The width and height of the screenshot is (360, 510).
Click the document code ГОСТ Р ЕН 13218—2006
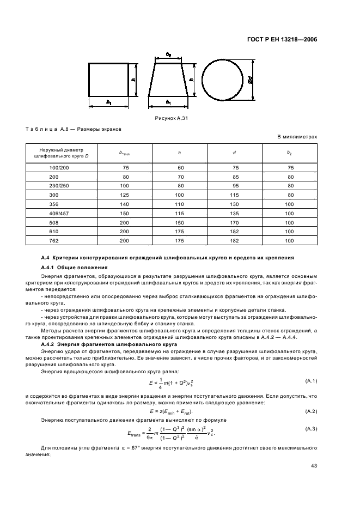287,39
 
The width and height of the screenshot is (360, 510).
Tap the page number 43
314,465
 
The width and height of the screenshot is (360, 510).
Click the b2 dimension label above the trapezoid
169,55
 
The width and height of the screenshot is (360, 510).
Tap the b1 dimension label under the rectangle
109,102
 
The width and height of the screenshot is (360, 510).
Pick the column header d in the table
234,153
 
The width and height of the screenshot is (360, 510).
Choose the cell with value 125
125,195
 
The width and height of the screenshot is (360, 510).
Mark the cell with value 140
125,204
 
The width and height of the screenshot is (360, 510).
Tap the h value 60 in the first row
180,168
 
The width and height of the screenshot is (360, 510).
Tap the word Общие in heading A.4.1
68,268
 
